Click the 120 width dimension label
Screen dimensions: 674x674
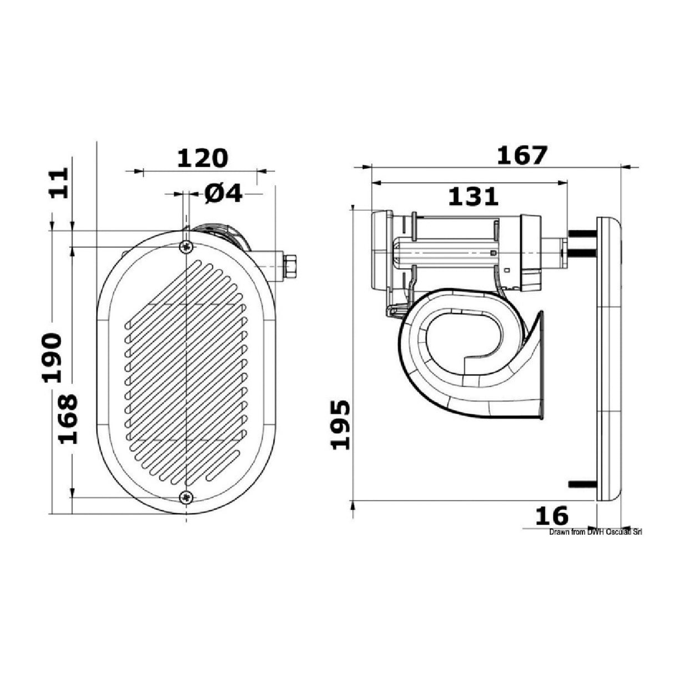coord(202,158)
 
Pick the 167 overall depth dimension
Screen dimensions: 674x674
coord(521,155)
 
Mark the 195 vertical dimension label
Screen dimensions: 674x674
coord(341,424)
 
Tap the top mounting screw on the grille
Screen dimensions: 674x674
coord(187,247)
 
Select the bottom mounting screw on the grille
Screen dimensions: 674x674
coord(187,496)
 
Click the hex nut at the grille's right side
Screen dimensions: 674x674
coord(289,265)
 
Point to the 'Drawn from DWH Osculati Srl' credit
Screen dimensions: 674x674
coord(595,532)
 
